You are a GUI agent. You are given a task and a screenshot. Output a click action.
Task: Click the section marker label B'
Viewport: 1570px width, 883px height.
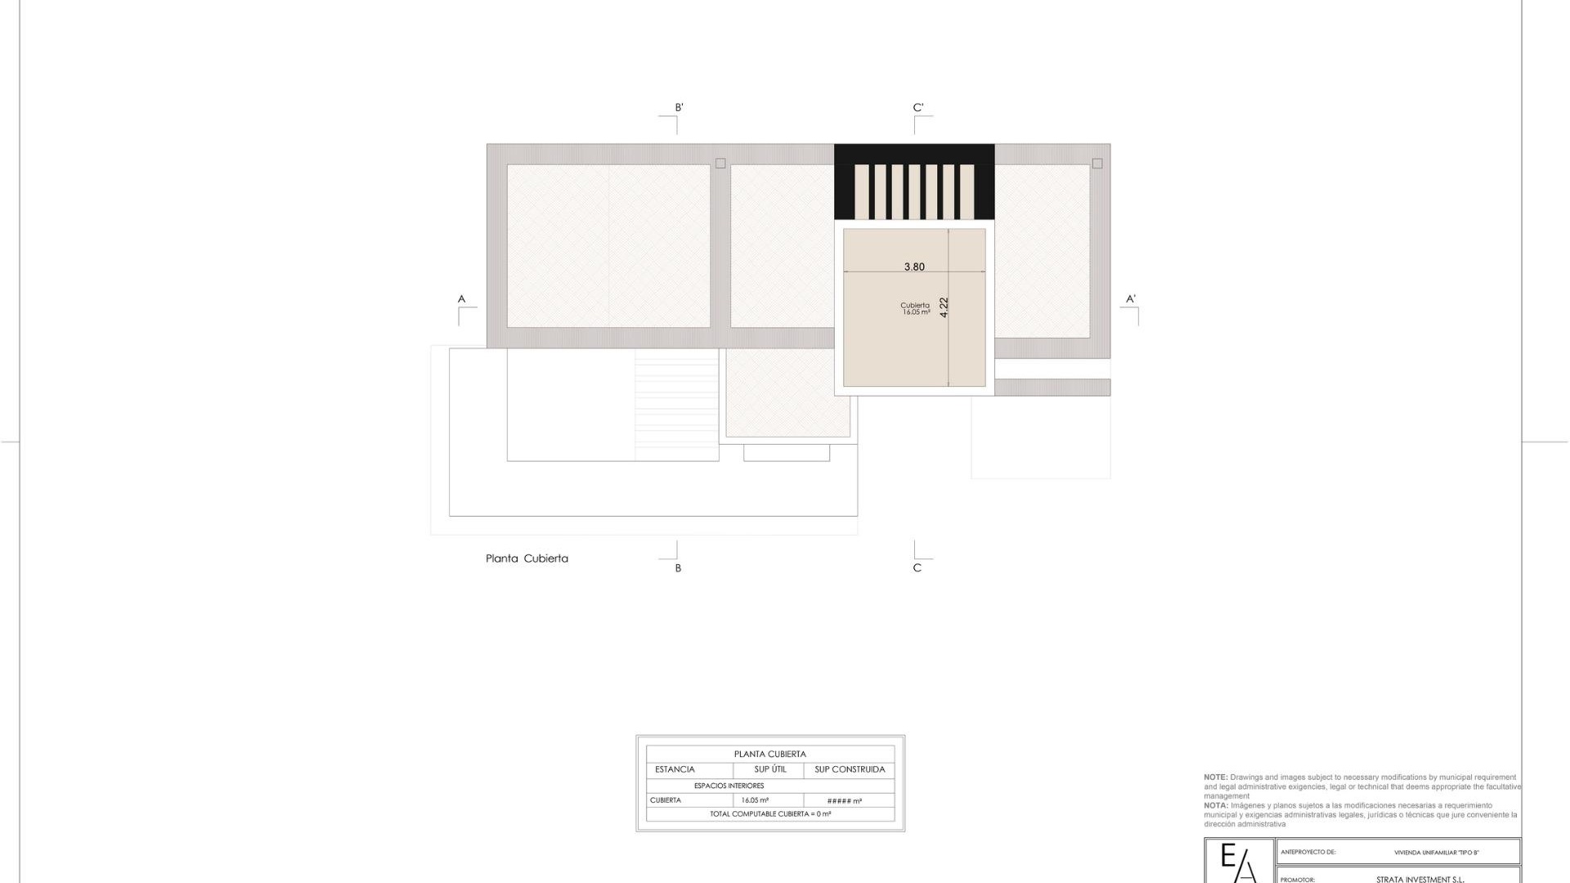tap(679, 108)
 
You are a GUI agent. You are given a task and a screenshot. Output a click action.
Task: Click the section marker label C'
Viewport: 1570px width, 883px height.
tap(918, 108)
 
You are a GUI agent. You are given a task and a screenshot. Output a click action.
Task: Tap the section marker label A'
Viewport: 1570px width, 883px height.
tap(1131, 299)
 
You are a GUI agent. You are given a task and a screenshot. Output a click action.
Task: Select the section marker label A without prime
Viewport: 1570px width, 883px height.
tap(461, 299)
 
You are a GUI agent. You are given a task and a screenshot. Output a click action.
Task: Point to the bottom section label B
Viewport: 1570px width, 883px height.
tap(678, 568)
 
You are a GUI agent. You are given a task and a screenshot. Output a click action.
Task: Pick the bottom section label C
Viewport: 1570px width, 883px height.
tap(917, 568)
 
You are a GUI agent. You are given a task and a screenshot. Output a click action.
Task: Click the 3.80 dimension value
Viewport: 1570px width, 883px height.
tap(914, 267)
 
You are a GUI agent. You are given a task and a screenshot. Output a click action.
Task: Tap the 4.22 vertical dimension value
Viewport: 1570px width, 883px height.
tap(944, 307)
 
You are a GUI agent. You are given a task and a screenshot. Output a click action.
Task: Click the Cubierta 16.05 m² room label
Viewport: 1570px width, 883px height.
tap(915, 309)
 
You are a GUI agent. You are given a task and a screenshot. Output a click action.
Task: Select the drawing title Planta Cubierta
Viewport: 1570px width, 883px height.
tap(527, 558)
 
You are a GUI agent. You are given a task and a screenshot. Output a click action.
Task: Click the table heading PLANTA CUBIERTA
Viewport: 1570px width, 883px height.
tap(769, 754)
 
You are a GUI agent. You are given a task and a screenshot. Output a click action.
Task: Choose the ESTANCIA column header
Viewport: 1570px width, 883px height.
tap(675, 769)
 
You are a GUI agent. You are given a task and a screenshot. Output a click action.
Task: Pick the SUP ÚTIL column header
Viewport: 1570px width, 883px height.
tap(770, 769)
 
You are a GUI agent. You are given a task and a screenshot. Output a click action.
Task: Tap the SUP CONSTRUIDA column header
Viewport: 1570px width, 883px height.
tap(850, 769)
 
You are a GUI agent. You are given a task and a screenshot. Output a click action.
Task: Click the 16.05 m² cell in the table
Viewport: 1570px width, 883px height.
tap(755, 800)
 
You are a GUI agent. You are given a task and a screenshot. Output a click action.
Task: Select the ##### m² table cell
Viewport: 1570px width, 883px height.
tap(844, 801)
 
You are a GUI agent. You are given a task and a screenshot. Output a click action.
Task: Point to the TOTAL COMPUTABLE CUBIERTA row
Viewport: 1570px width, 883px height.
tap(770, 814)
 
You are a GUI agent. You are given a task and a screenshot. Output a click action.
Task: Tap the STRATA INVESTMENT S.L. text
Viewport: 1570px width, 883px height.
tap(1420, 880)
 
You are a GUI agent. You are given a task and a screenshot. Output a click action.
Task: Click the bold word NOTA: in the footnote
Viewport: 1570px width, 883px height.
tap(1216, 805)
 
